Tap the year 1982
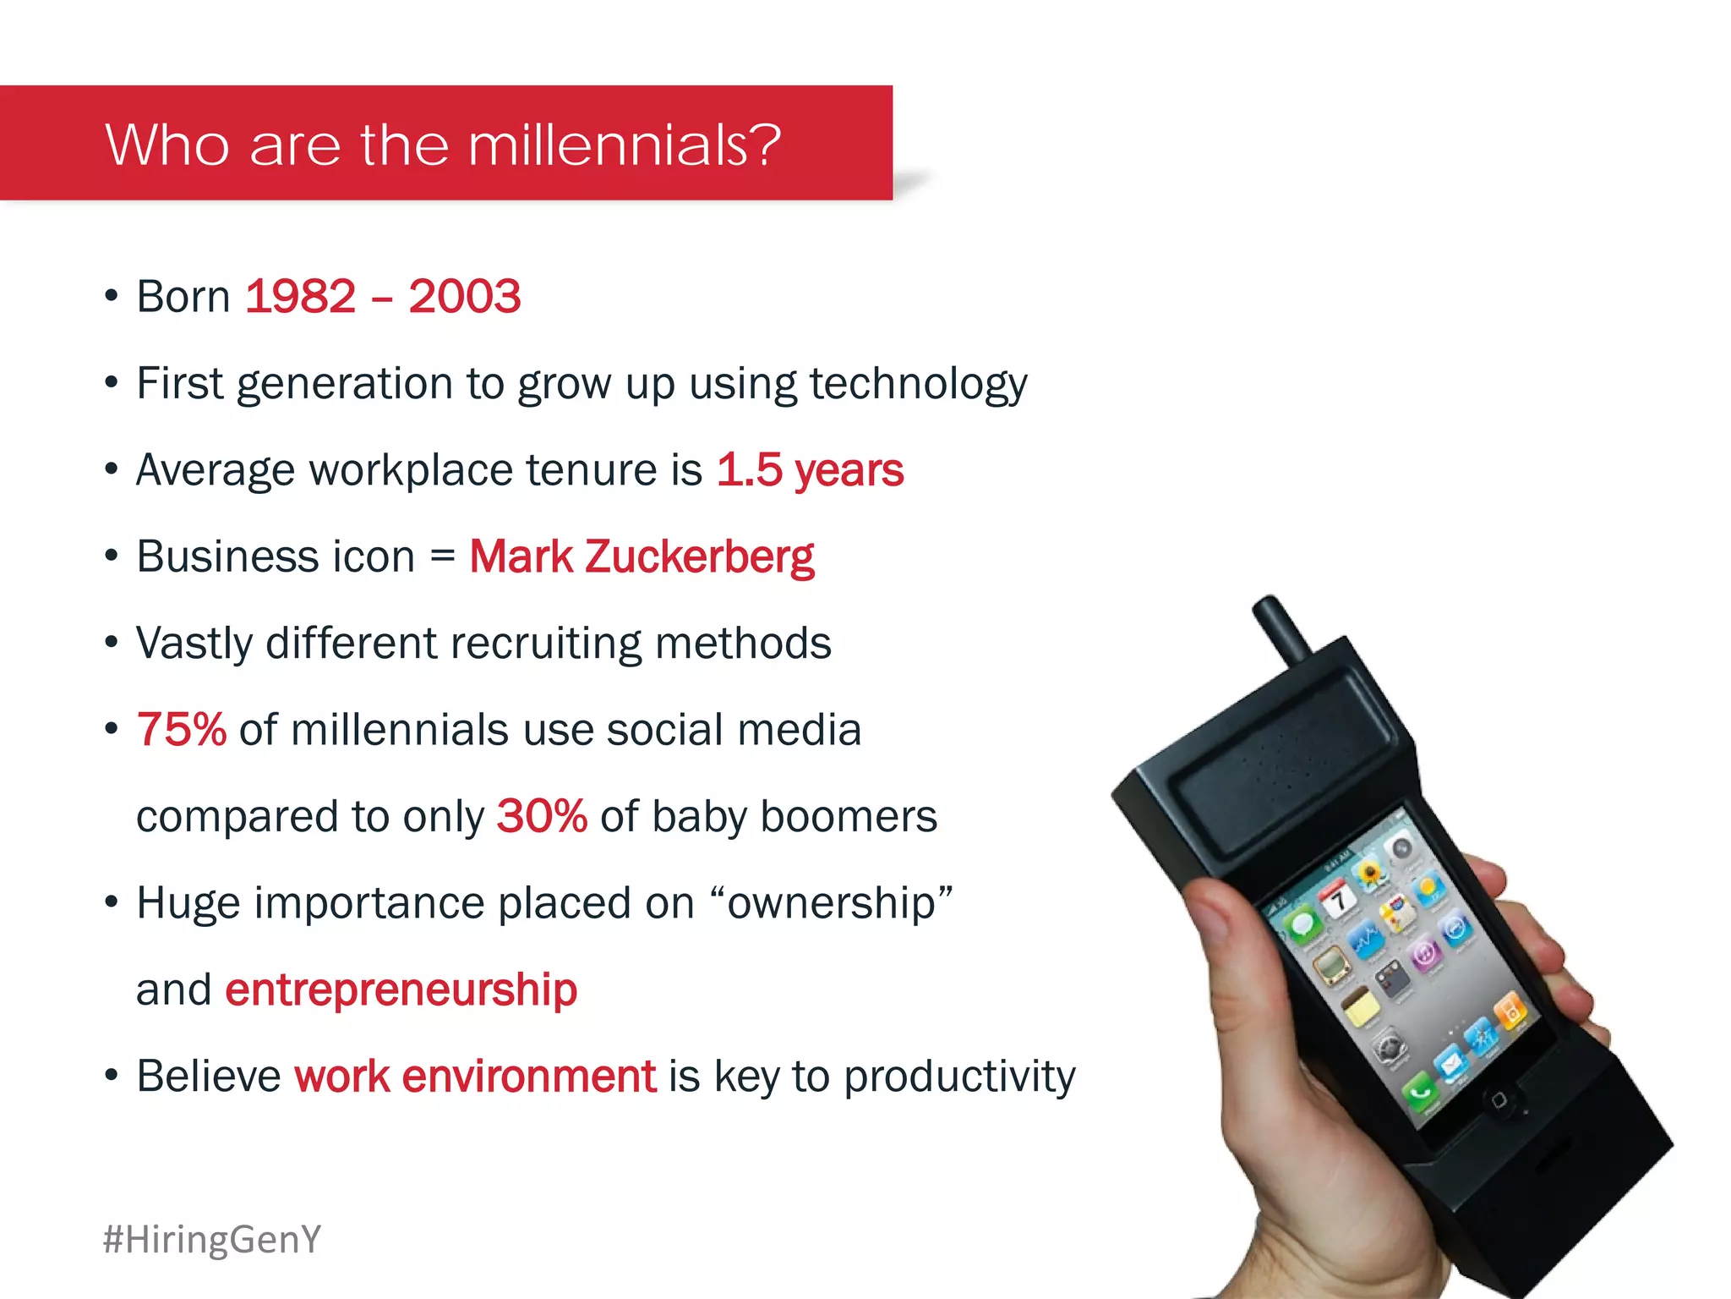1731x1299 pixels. [x=301, y=297]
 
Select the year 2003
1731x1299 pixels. [x=464, y=297]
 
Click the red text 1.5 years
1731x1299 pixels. [x=810, y=470]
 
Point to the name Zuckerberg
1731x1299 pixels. [x=699, y=557]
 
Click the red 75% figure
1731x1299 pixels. [x=181, y=729]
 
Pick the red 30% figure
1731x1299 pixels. [x=541, y=816]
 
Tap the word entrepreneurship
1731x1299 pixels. [x=401, y=989]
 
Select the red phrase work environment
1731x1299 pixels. [x=475, y=1077]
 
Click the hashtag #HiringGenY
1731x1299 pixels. [x=212, y=1239]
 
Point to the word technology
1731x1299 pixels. [x=918, y=384]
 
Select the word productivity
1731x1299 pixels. [x=959, y=1077]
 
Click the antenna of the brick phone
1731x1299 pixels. [x=1280, y=630]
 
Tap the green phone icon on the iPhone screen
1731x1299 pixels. [x=1419, y=1091]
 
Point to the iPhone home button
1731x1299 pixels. [x=1499, y=1100]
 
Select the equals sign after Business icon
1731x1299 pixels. [x=442, y=557]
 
